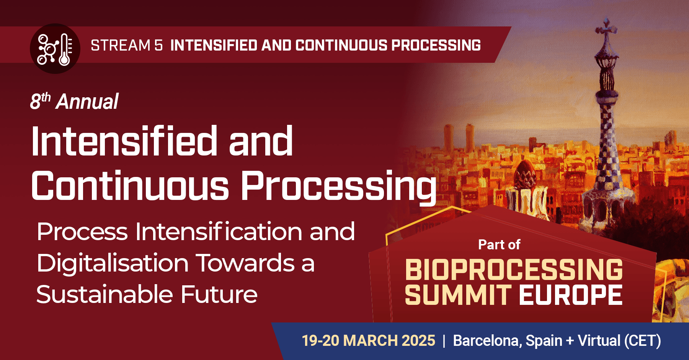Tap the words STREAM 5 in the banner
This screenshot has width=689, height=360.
(x=127, y=45)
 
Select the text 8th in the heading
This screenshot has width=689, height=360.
(x=40, y=101)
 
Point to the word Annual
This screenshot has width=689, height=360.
(x=87, y=102)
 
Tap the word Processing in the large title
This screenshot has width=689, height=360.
(x=338, y=187)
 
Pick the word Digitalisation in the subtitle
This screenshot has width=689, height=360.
(x=113, y=263)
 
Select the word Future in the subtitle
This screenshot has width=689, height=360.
(x=219, y=295)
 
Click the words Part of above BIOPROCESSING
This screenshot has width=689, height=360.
(x=499, y=245)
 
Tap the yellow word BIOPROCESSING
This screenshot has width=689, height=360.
(x=514, y=270)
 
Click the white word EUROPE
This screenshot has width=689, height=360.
(x=571, y=295)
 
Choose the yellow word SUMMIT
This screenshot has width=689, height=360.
(x=458, y=295)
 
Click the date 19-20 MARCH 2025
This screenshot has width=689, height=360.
(x=368, y=340)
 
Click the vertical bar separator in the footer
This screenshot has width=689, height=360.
(x=444, y=340)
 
